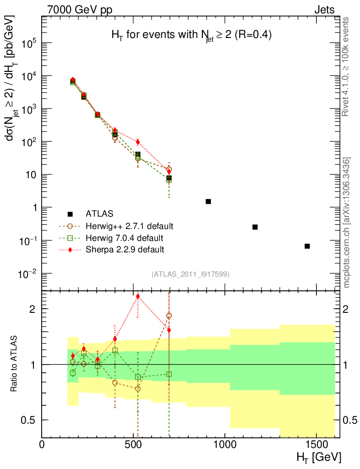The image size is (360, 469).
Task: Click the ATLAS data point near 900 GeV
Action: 208,202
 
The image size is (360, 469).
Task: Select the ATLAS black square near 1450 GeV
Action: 307,246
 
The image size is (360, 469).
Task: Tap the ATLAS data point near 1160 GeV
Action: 255,227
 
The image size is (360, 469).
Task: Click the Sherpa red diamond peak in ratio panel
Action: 138,296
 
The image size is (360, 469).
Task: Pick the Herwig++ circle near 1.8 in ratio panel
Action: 169,316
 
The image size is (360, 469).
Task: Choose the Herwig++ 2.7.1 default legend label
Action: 129,226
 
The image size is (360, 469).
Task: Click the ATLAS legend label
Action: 99,214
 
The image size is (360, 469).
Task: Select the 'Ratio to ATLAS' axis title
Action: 15,364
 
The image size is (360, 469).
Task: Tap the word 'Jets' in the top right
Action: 324,10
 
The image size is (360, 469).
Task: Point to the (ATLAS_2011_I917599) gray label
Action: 191,274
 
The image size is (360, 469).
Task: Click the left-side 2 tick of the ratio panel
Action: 33,309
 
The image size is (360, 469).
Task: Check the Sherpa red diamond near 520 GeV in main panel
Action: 138,142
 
